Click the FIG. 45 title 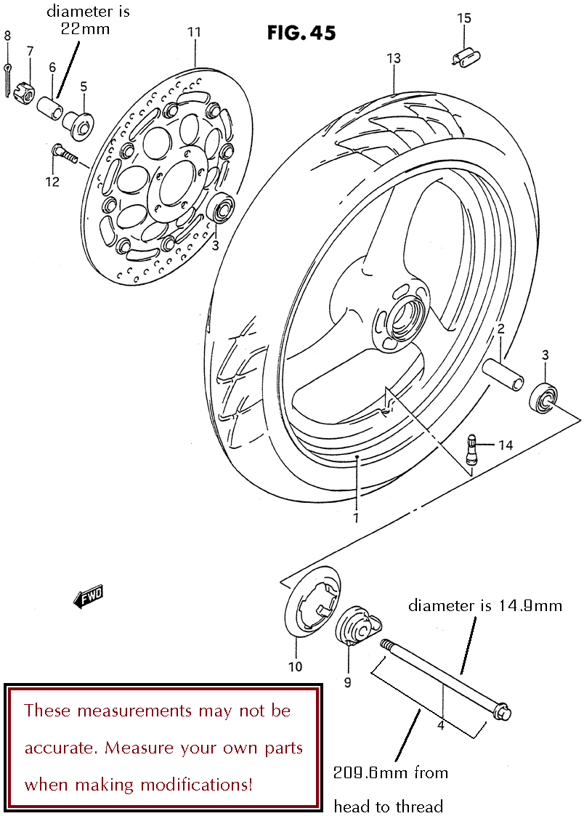point(301,33)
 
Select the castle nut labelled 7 point(25,92)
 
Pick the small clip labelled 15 point(466,57)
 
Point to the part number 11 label point(194,32)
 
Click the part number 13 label point(394,57)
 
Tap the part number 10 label point(295,666)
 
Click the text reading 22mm point(85,28)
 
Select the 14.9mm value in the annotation point(530,605)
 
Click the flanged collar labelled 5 point(77,124)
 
